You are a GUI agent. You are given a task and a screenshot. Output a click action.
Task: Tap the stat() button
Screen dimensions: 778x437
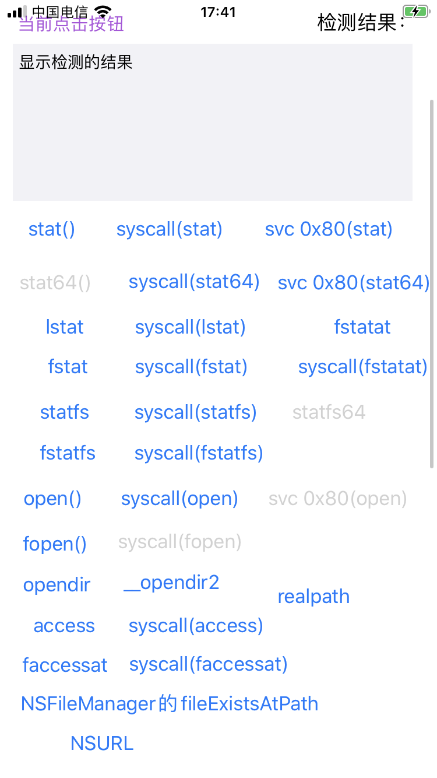tap(52, 229)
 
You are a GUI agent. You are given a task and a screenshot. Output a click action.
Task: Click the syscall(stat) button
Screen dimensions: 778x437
tap(170, 229)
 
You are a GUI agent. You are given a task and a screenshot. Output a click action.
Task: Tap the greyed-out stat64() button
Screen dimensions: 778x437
tap(55, 283)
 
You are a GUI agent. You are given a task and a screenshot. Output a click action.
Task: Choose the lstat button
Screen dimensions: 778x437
tap(65, 327)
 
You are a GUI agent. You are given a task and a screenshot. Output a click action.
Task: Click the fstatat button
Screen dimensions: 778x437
tap(362, 327)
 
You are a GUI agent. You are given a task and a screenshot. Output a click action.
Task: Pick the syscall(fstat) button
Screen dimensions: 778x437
tap(191, 367)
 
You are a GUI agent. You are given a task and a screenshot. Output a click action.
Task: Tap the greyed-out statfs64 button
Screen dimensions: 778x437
tap(329, 412)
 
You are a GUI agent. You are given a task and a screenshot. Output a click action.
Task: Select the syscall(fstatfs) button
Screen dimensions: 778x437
tap(199, 453)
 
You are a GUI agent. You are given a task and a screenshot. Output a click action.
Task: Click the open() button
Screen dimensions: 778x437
tap(52, 499)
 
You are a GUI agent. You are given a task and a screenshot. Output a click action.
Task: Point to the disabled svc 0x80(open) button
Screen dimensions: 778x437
tap(337, 499)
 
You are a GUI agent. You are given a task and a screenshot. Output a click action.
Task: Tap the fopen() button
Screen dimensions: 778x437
tap(55, 544)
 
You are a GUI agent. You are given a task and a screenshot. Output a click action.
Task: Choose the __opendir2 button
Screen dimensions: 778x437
tap(171, 583)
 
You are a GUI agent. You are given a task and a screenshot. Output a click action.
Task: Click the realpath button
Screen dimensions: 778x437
tap(313, 597)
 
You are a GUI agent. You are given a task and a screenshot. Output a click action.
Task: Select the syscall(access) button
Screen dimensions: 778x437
tap(196, 626)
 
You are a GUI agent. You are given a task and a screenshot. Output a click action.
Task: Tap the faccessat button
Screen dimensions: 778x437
tap(65, 665)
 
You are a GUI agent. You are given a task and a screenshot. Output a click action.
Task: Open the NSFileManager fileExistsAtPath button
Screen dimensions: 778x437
tap(170, 704)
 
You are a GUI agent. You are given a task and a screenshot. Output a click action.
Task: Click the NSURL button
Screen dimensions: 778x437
tap(102, 743)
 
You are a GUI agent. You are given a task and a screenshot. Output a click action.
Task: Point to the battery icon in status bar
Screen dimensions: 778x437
tap(415, 11)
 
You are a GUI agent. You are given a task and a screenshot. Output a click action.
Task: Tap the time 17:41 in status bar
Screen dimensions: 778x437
tap(218, 12)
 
